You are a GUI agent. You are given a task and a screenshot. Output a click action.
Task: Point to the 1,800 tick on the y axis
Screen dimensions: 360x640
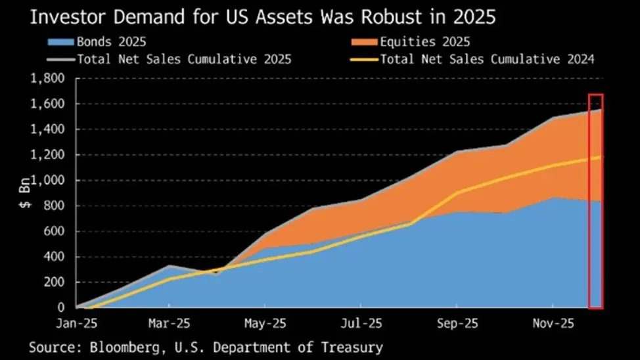51,79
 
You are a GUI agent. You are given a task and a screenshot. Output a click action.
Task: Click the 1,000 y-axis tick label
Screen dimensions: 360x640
51,181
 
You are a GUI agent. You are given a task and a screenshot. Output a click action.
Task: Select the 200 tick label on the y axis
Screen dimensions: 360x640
57,282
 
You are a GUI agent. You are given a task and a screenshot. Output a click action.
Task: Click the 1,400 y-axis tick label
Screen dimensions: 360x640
51,130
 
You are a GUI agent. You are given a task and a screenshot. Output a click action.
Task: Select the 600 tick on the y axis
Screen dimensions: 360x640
57,231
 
